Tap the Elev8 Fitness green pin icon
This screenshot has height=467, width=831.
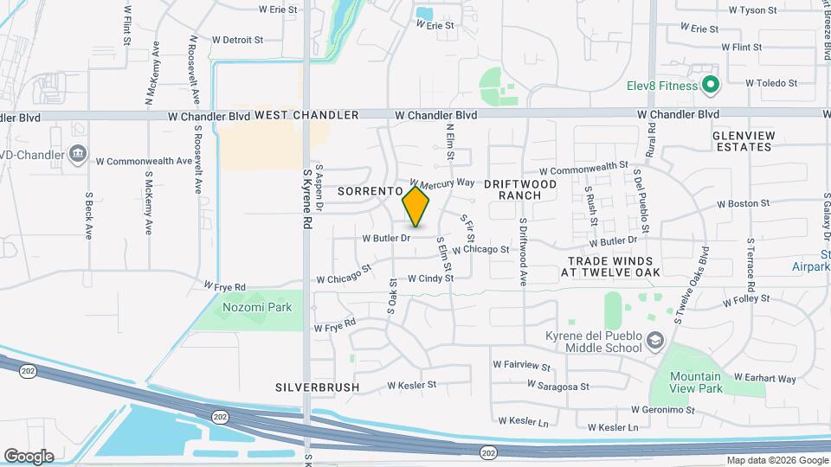(711, 85)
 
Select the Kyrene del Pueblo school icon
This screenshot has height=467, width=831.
(654, 342)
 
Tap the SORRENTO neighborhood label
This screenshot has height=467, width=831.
(370, 190)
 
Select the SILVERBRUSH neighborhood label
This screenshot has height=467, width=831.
(317, 387)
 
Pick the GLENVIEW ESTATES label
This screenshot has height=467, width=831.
(742, 142)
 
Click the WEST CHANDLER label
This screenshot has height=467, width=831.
(306, 115)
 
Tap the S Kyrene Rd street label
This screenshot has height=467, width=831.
(306, 198)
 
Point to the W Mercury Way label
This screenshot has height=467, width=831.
(442, 182)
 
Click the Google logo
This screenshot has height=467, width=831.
(29, 457)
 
